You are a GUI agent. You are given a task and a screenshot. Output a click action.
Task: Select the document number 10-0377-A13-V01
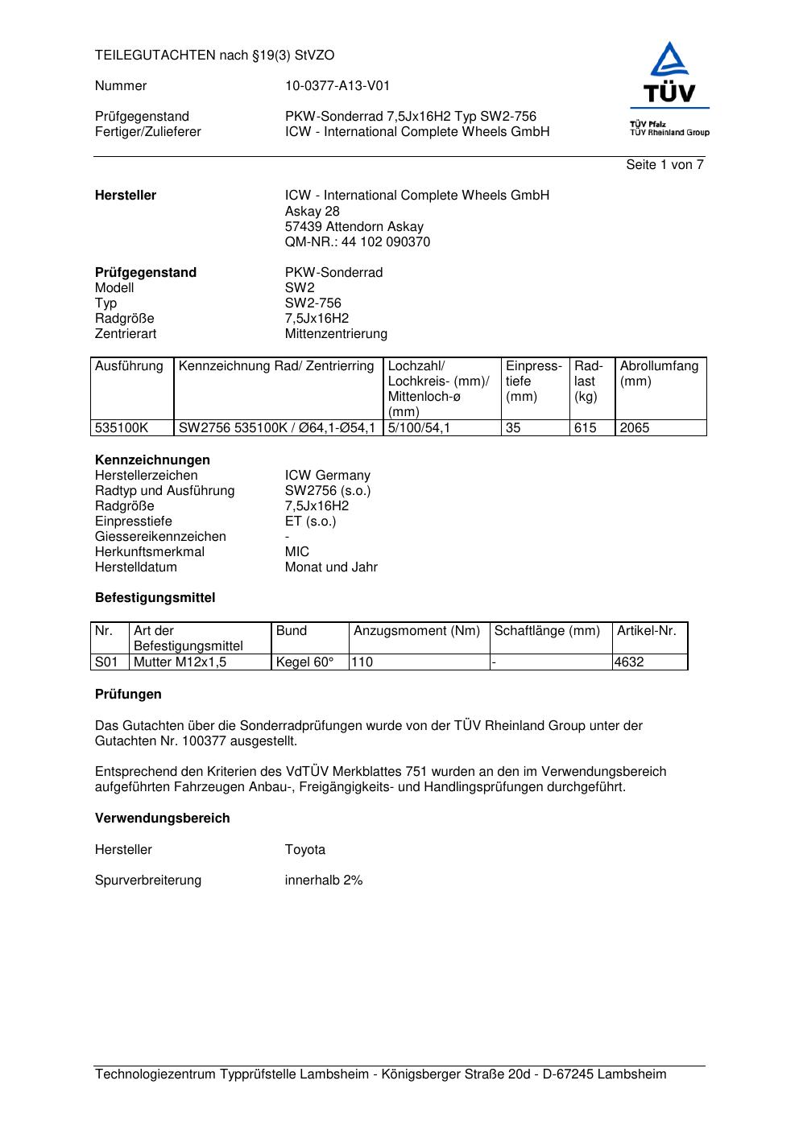[337, 86]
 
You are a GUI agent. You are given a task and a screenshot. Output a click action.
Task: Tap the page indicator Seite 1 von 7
[664, 165]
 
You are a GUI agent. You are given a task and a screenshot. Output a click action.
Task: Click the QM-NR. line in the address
[357, 242]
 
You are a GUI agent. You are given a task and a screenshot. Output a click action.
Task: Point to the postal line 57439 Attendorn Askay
[354, 227]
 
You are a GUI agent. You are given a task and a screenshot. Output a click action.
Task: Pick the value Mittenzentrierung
[336, 334]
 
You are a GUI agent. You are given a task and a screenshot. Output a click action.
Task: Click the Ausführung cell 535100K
[122, 428]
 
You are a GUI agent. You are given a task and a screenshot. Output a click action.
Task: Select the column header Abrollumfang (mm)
[659, 373]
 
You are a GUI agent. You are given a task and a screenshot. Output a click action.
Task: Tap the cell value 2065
[634, 428]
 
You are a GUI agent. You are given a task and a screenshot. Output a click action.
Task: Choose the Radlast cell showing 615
[586, 428]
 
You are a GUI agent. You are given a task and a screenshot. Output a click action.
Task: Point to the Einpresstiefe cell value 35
[513, 428]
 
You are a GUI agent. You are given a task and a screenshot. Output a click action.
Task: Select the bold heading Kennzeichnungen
[152, 460]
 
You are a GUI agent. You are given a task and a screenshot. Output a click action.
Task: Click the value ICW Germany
[327, 476]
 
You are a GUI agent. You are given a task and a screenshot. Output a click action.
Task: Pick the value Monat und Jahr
[331, 567]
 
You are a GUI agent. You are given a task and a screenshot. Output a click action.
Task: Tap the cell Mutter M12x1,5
[180, 662]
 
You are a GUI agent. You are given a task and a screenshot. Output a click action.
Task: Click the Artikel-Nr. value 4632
[629, 662]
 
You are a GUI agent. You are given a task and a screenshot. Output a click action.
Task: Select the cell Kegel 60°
[304, 662]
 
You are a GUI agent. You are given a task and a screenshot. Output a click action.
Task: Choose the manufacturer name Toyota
[304, 850]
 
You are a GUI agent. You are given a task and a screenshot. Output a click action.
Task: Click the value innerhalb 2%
[323, 880]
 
